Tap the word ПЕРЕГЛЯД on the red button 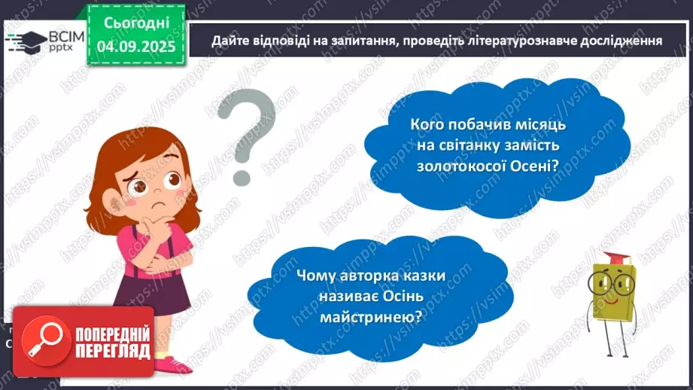point(111,351)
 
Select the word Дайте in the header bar point(228,40)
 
